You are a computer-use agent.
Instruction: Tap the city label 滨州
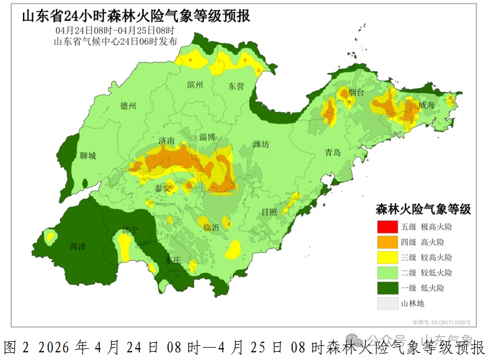[x=195, y=85]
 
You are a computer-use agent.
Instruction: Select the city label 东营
[x=236, y=86]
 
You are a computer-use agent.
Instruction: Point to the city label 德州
[x=128, y=106]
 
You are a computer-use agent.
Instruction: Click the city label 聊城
[x=88, y=156]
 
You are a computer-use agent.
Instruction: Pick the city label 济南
[x=167, y=141]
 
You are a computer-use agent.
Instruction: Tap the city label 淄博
[x=207, y=137]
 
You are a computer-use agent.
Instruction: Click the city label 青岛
[x=333, y=152]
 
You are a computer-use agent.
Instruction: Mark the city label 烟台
[x=356, y=93]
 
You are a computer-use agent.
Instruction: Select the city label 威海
[x=427, y=105]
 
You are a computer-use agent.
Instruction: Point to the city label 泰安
[x=163, y=189]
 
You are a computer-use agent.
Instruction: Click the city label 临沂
[x=210, y=227]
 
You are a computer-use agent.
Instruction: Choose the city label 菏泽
[x=78, y=246]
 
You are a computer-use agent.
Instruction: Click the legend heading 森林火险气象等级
[x=423, y=209]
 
